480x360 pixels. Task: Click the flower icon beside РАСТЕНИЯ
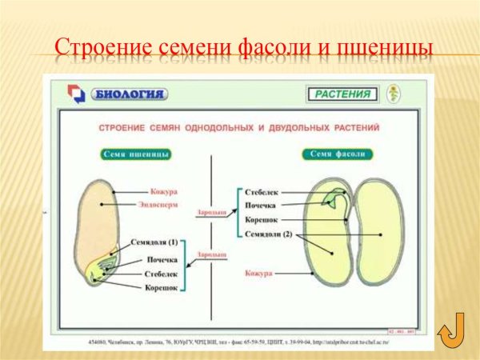(x=394, y=94)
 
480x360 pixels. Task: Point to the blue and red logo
(x=76, y=95)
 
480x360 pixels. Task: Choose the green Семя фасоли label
(x=335, y=154)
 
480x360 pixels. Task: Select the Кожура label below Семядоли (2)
(x=259, y=274)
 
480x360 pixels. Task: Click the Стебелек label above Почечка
(x=263, y=192)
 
